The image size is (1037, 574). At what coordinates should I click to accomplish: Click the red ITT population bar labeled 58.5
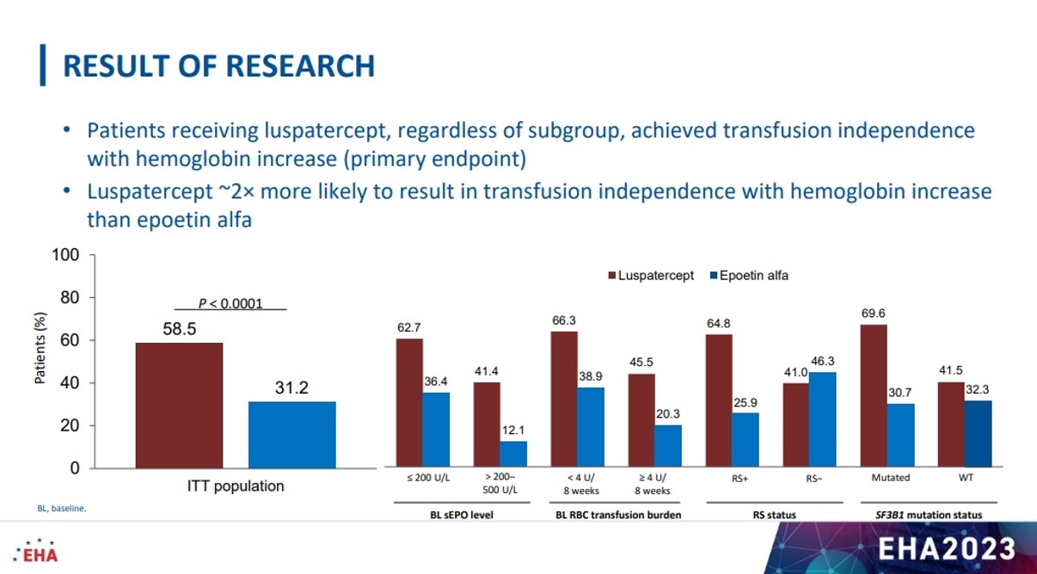179,406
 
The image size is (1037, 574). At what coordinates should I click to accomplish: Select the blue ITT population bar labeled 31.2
292,436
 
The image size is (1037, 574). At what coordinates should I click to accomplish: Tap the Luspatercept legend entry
651,276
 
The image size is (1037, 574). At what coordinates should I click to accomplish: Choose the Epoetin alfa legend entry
749,276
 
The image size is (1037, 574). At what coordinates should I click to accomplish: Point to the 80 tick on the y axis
70,297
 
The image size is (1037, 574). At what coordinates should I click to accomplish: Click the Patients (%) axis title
40,348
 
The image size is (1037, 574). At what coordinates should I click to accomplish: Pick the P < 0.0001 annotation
230,303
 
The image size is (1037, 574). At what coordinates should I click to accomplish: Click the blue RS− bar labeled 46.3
823,419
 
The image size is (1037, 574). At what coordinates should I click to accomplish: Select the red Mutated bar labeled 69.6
874,395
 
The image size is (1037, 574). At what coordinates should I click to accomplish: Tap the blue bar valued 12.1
513,454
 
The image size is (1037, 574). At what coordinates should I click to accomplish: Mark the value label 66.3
564,321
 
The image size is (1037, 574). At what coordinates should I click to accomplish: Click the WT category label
966,478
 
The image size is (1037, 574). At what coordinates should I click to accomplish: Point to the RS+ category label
739,479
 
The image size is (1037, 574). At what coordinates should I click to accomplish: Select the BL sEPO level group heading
462,515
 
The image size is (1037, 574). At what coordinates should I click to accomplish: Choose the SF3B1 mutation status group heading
929,515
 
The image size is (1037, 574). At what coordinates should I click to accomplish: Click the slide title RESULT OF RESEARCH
218,65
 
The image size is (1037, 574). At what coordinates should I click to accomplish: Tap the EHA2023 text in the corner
947,549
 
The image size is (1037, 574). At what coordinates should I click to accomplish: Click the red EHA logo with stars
35,551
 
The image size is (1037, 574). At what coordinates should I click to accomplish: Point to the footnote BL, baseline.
62,509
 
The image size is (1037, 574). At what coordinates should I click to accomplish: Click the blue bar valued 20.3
668,446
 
